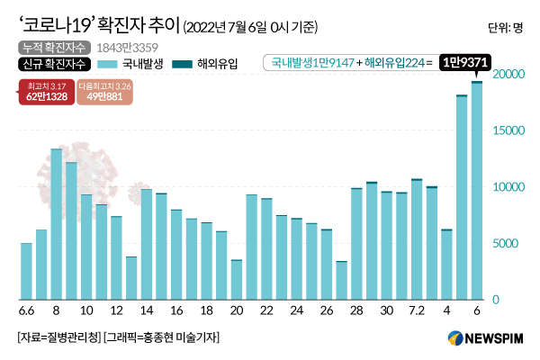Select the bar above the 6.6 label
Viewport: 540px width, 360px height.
[x=26, y=271]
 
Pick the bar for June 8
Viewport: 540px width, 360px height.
[x=56, y=224]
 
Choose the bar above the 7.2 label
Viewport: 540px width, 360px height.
[x=417, y=239]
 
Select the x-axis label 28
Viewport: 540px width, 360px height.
[x=356, y=311]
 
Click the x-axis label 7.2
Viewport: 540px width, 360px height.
[x=417, y=311]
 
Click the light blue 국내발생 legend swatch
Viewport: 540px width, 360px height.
[x=106, y=64]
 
